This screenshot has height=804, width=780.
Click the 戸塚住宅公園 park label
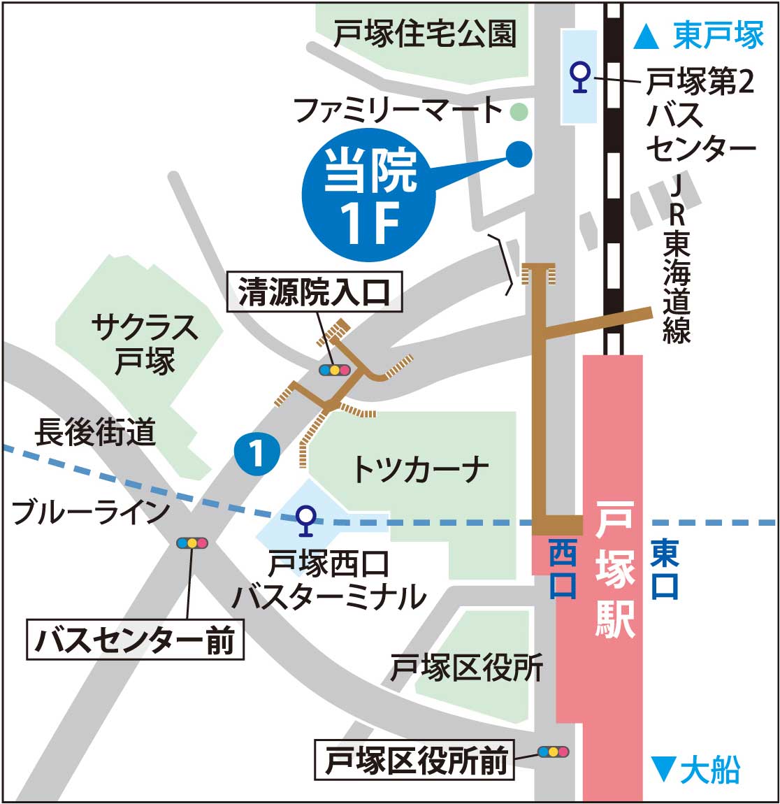coord(424,33)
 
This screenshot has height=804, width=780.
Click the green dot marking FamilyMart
coord(519,110)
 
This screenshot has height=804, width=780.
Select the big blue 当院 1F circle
coord(370,198)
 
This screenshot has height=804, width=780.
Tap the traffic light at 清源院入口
coord(333,370)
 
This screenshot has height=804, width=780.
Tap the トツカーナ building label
coord(419,469)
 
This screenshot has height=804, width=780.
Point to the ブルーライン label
coord(91,512)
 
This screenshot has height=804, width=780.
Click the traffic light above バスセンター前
coord(192,543)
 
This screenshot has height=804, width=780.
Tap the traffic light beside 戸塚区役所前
coord(553,752)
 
